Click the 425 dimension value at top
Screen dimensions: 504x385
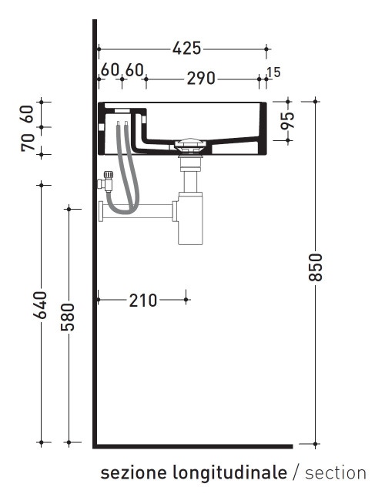pos(186,49)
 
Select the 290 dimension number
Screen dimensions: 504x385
pos(202,79)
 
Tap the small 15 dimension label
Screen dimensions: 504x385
pos(273,72)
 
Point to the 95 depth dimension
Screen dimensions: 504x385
pos(288,121)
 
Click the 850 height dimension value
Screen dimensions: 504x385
pos(316,267)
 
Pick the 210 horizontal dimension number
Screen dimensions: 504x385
pos(142,300)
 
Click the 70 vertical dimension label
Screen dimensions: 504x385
pos(28,143)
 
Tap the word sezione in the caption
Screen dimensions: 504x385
pos(125,472)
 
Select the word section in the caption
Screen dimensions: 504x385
pos(336,472)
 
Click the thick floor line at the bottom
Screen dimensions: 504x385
pos(192,445)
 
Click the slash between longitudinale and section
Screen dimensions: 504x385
pos(296,472)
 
